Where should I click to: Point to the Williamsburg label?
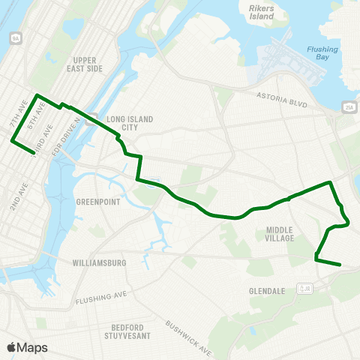pyautogui.click(x=99, y=263)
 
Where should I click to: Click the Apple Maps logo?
pyautogui.click(x=27, y=347)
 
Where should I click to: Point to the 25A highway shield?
pyautogui.click(x=350, y=105)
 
